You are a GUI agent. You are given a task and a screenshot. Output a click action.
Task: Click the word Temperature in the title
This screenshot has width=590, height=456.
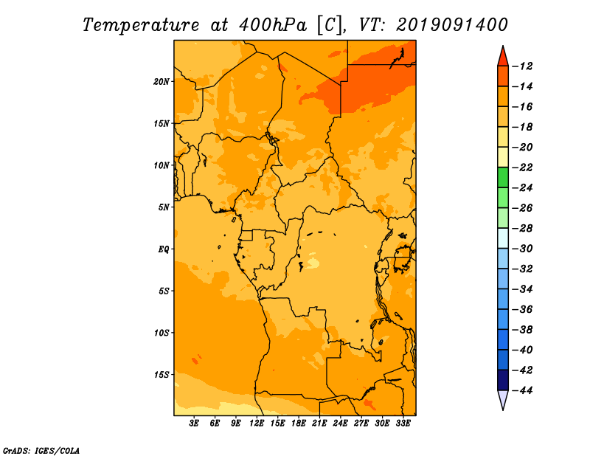click(141, 25)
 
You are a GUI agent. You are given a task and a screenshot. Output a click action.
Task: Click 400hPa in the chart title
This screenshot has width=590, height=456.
click(273, 25)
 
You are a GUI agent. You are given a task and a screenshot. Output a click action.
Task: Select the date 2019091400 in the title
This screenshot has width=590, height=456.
click(451, 25)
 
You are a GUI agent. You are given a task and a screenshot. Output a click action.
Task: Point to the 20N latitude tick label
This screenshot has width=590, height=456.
click(162, 82)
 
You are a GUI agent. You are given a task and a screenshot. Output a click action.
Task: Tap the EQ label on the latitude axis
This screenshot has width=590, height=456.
click(164, 249)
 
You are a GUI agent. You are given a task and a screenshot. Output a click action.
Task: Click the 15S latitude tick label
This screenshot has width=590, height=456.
click(162, 375)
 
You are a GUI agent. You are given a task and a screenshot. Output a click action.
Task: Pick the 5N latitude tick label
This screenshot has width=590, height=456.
click(164, 207)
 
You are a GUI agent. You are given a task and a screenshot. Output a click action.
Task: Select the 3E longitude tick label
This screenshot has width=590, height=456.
click(194, 423)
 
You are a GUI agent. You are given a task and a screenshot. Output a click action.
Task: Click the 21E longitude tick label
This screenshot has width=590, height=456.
click(319, 423)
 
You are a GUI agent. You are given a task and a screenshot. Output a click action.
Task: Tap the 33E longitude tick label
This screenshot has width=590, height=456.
click(403, 423)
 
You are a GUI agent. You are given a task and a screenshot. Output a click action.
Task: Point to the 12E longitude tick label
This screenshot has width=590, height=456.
click(256, 423)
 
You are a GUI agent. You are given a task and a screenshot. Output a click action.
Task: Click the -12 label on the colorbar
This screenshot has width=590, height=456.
click(522, 66)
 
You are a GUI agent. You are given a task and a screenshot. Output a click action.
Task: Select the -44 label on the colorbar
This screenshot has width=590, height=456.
click(522, 390)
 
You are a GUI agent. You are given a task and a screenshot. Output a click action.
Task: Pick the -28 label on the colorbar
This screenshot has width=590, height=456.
click(522, 228)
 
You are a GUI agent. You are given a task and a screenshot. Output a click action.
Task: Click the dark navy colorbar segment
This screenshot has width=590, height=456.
click(503, 380)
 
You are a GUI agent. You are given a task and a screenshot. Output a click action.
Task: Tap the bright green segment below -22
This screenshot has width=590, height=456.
click(503, 177)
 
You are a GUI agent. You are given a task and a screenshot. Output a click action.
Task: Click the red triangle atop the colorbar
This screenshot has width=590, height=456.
click(503, 57)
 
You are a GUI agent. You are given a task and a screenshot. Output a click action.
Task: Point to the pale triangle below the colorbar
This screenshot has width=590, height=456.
click(503, 399)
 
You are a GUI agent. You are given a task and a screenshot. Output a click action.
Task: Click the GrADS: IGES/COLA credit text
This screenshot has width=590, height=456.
click(41, 451)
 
